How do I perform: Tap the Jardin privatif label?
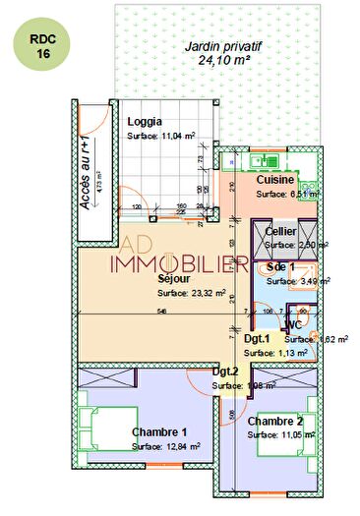pyautogui.click(x=227, y=45)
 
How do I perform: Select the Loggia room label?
pyautogui.click(x=146, y=122)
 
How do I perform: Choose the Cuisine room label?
pyautogui.click(x=276, y=181)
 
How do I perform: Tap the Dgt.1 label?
pyautogui.click(x=258, y=338)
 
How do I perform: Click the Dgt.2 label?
pyautogui.click(x=226, y=372)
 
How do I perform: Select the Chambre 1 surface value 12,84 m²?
pyautogui.click(x=165, y=446)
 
